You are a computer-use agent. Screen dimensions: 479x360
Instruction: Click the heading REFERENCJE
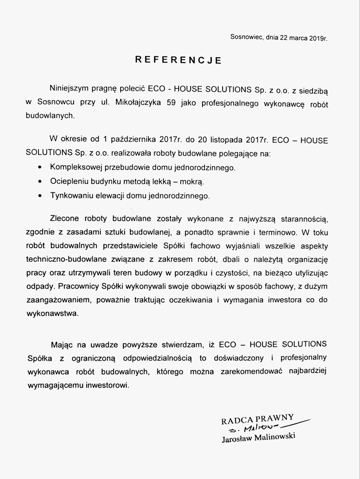click(x=178, y=60)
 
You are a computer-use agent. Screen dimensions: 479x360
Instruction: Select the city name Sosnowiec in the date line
click(x=245, y=38)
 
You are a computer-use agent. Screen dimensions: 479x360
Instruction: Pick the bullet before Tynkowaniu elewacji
click(x=39, y=196)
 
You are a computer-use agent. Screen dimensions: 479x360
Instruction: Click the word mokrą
click(x=193, y=182)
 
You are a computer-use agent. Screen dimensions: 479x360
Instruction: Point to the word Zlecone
click(x=64, y=219)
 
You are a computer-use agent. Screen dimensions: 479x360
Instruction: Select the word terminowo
click(x=275, y=232)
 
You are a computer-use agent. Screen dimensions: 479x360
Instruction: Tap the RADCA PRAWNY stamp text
click(x=258, y=419)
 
